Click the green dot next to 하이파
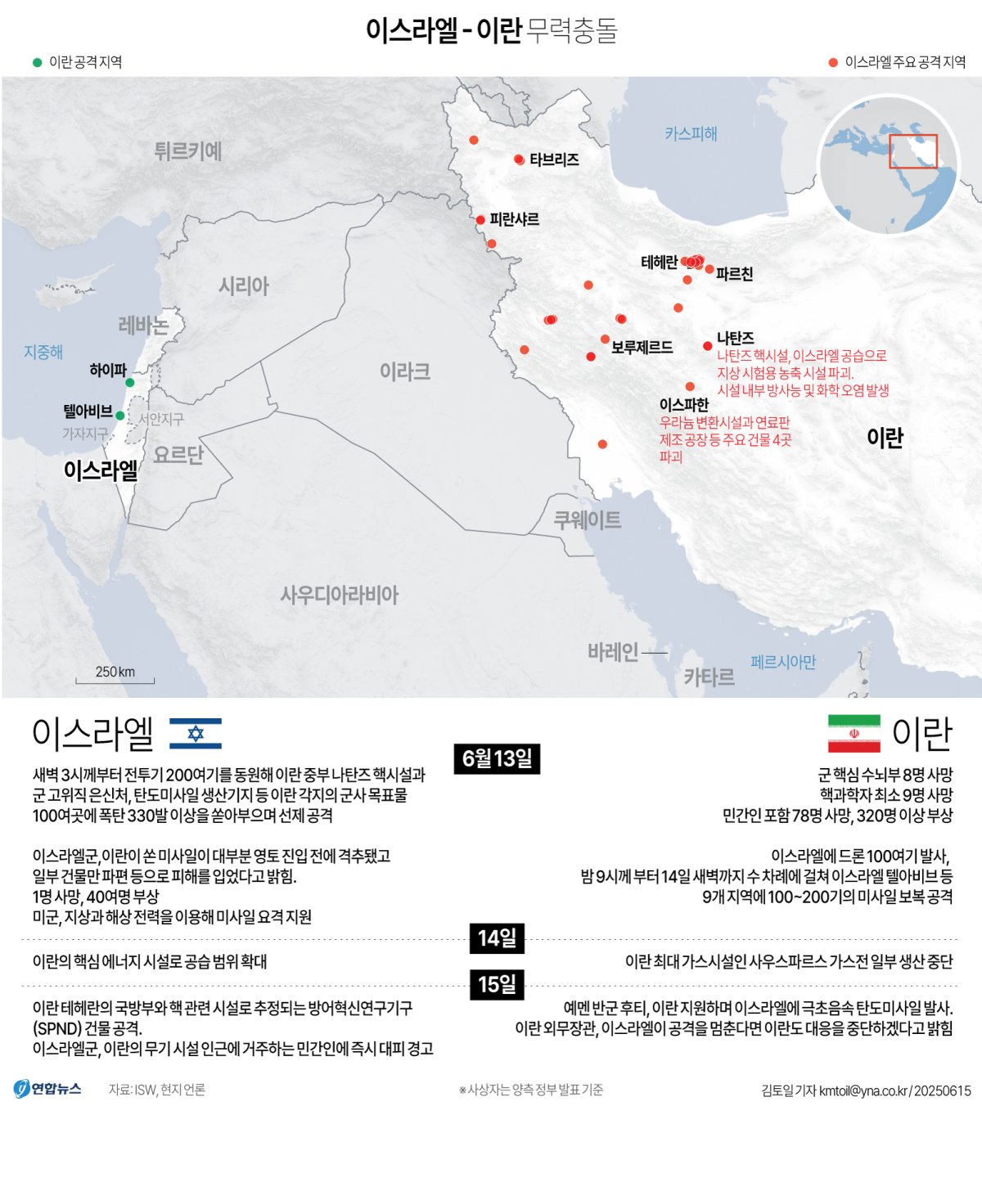(129, 382)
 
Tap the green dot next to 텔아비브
(120, 416)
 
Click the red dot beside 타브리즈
(519, 160)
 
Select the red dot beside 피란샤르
(480, 220)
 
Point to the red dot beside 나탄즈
(708, 346)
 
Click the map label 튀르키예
(188, 151)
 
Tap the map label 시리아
(244, 286)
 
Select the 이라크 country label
(405, 372)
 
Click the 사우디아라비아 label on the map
(340, 595)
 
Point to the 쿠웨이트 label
(588, 520)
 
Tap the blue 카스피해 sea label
(691, 133)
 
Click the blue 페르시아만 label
(783, 662)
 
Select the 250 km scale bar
(115, 679)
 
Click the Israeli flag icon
(196, 733)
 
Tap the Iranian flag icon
(854, 733)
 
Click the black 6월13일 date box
(497, 758)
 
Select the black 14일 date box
(497, 937)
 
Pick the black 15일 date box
(497, 984)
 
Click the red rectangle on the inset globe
(913, 151)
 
